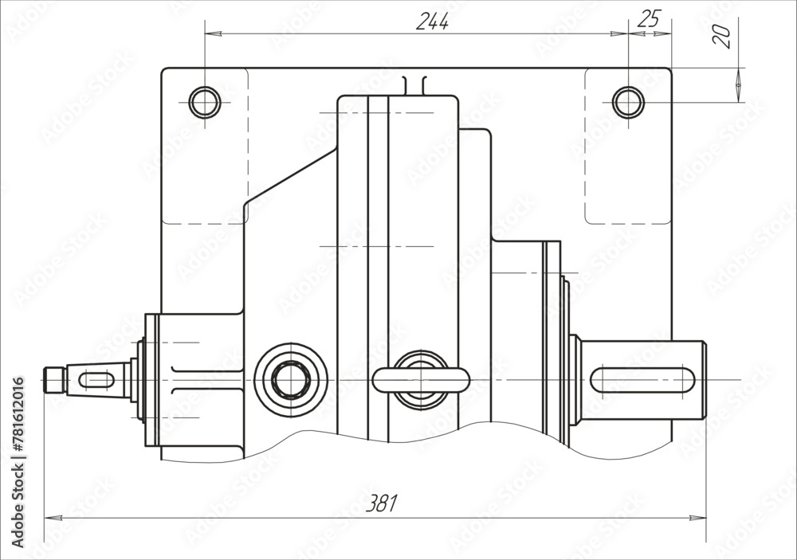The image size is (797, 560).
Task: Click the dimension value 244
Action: [x=433, y=22]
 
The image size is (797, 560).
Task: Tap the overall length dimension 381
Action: [x=381, y=503]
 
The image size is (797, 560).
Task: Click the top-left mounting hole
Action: [x=204, y=102]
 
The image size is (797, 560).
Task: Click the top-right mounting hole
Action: [x=628, y=102]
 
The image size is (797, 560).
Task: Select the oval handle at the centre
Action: [x=420, y=380]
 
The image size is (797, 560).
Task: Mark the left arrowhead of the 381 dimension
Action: [x=49, y=518]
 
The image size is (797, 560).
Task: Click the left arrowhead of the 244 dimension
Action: [x=210, y=33]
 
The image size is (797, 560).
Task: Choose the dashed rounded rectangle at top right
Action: [x=628, y=146]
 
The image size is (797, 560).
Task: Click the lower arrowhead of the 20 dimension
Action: [x=739, y=96]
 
